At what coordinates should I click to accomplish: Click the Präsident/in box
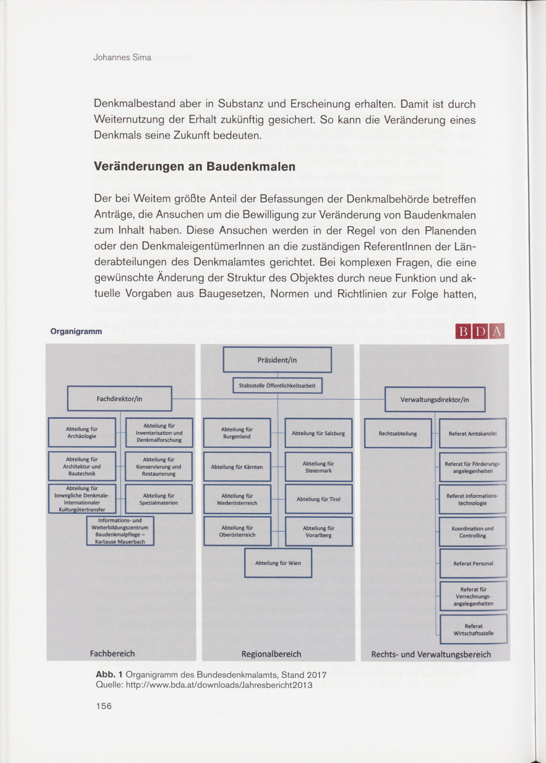pyautogui.click(x=277, y=360)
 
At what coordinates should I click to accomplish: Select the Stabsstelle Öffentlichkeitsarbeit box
pyautogui.click(x=277, y=386)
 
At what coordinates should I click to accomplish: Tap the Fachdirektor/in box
pyautogui.click(x=119, y=399)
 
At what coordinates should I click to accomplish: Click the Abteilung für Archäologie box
pyautogui.click(x=82, y=433)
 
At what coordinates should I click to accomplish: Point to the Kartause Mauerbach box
pyautogui.click(x=120, y=531)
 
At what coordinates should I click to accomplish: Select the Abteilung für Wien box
pyautogui.click(x=278, y=563)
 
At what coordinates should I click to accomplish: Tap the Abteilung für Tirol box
pyautogui.click(x=318, y=499)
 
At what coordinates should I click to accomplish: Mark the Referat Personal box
pyautogui.click(x=473, y=563)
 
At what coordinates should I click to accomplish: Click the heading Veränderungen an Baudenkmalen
pyautogui.click(x=194, y=166)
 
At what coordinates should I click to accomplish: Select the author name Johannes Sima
pyautogui.click(x=122, y=58)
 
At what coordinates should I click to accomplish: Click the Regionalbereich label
pyautogui.click(x=271, y=654)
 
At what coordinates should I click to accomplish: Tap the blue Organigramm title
pyautogui.click(x=76, y=332)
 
